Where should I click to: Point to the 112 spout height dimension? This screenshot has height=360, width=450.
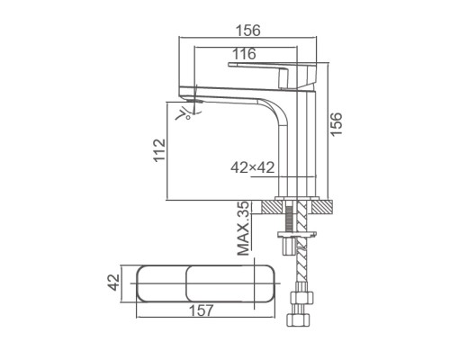click(159, 149)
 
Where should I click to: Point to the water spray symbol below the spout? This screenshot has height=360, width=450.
click(187, 113)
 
